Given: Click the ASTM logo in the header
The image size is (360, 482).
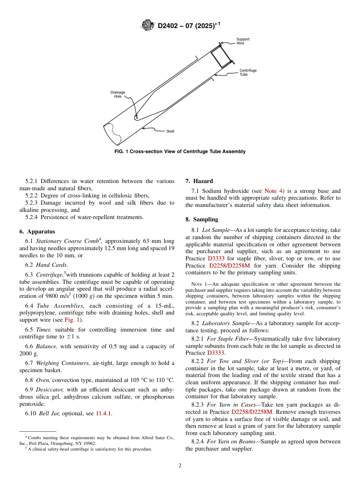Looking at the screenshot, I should tap(148, 25).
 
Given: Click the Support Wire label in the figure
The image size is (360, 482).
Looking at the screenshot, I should tap(243, 41).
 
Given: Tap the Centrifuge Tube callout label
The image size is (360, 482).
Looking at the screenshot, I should tap(248, 72).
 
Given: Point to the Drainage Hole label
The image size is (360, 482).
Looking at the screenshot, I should tap(118, 94).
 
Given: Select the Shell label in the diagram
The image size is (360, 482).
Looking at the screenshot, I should tap(170, 131).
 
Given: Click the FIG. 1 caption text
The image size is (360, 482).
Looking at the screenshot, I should tap(180, 152).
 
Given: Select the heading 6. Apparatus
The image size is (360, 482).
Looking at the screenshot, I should tap(37, 232).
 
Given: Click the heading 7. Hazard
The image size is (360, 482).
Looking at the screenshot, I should tap(199, 181).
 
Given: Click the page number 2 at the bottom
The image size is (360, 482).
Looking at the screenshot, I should tap(180, 466).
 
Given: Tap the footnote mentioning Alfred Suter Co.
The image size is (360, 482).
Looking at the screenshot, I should tap(97, 440).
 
